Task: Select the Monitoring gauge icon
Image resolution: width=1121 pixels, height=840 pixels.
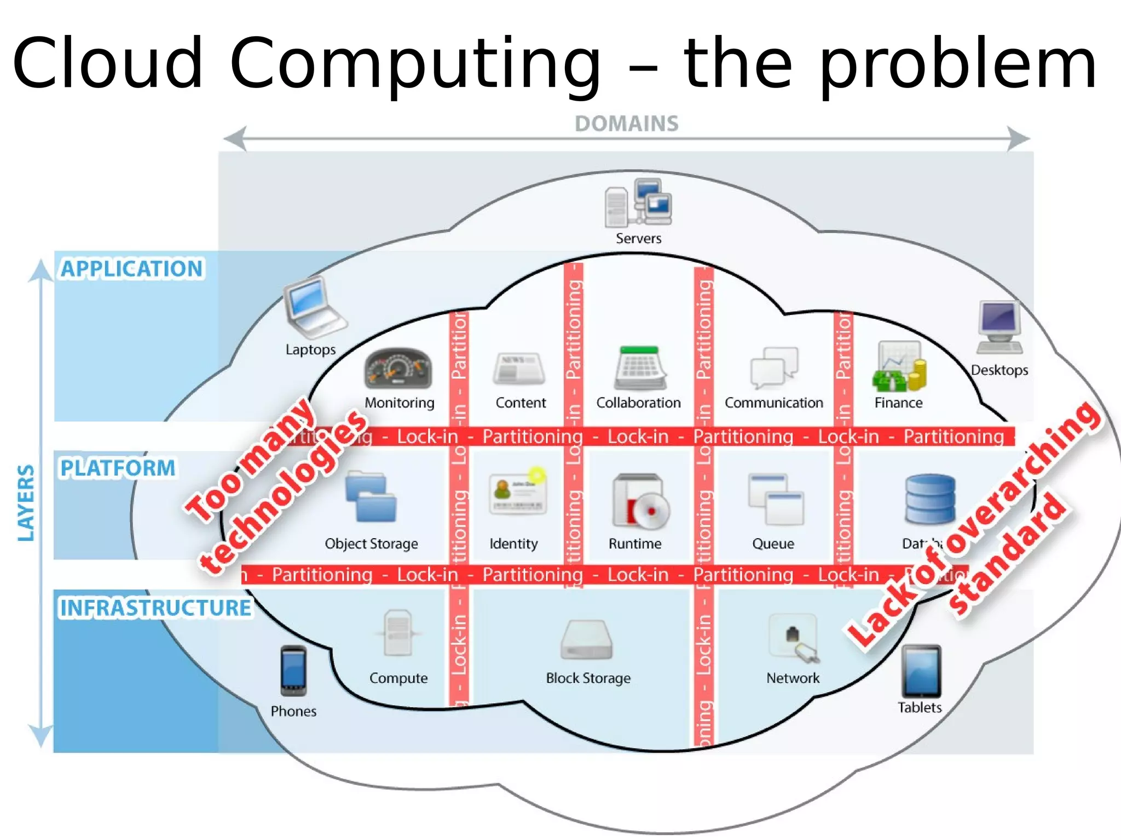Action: (x=398, y=369)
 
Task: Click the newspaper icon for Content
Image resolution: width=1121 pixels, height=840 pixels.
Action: (x=519, y=369)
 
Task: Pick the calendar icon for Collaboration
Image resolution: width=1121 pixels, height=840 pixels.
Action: (x=639, y=369)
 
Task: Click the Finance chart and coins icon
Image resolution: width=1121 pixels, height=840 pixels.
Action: (x=899, y=366)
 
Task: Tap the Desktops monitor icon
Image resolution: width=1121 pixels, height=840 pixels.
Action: (x=999, y=327)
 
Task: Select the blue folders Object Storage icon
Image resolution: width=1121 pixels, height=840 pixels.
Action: (x=371, y=497)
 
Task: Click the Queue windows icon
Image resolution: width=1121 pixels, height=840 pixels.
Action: (x=775, y=499)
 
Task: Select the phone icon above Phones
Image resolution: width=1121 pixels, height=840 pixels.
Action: (x=293, y=670)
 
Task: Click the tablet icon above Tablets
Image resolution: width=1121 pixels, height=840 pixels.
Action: (x=921, y=670)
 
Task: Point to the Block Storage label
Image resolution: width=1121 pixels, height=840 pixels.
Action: (x=588, y=678)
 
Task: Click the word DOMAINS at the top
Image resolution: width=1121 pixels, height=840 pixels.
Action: (x=626, y=124)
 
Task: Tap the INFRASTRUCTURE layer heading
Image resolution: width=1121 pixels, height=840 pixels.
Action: (x=155, y=608)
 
